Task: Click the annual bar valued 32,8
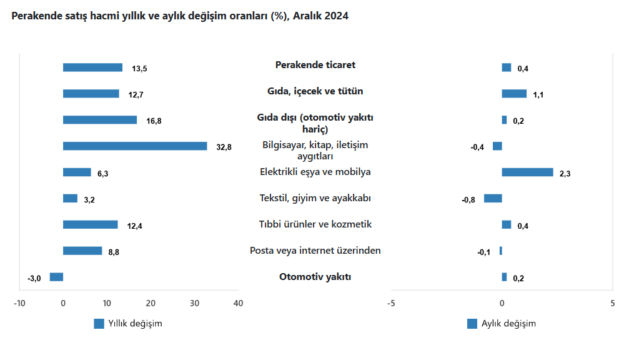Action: pyautogui.click(x=135, y=146)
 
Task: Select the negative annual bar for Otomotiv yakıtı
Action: pyautogui.click(x=56, y=277)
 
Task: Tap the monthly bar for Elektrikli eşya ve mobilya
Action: pyautogui.click(x=527, y=172)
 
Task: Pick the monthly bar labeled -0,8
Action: pyautogui.click(x=493, y=199)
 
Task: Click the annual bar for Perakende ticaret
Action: pyautogui.click(x=92, y=67)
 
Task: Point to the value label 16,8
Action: pyautogui.click(x=154, y=121)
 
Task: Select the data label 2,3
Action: pyautogui.click(x=565, y=173)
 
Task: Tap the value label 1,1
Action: pyautogui.click(x=538, y=95)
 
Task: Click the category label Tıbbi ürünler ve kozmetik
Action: pyautogui.click(x=315, y=224)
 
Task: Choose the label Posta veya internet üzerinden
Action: pyautogui.click(x=315, y=251)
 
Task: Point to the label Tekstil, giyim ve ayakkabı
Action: pyautogui.click(x=315, y=198)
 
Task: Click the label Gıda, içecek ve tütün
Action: pyautogui.click(x=315, y=91)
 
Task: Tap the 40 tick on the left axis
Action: pyautogui.click(x=238, y=303)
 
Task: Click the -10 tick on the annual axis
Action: pyautogui.click(x=19, y=303)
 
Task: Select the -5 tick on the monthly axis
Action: pyautogui.click(x=391, y=303)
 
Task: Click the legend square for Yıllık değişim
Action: pyautogui.click(x=99, y=324)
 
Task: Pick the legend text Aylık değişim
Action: pyautogui.click(x=508, y=324)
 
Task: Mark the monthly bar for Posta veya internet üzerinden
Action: pyautogui.click(x=500, y=251)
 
